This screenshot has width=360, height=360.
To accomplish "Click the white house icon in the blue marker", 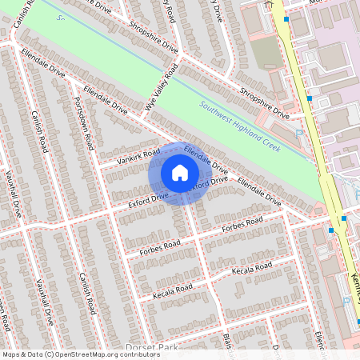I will (x=180, y=172).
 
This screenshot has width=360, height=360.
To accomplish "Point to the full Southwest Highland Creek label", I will (x=239, y=124).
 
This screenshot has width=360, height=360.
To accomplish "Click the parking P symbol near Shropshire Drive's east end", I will (x=299, y=134).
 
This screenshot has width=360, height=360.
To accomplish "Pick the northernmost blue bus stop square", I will (x=285, y=18).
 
